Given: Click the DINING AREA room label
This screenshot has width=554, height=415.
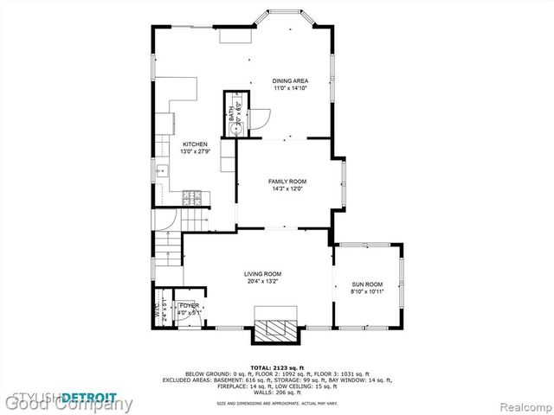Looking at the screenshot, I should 291,80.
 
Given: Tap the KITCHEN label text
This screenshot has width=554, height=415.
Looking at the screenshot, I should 194,144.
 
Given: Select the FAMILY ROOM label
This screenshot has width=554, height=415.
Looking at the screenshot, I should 287,181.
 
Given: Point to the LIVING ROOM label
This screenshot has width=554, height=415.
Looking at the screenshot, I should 261,274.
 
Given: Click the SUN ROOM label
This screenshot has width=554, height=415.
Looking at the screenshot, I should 367,284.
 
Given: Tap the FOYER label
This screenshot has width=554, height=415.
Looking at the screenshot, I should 189,305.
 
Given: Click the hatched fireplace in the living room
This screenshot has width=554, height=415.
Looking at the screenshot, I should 276,328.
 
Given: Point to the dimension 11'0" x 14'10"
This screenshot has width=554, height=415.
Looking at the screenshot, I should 291,88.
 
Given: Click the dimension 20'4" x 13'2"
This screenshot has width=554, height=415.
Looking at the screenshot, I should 261,281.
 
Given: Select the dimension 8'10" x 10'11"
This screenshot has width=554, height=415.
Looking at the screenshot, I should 367,291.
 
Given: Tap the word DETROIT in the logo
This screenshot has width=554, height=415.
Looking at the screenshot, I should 89,397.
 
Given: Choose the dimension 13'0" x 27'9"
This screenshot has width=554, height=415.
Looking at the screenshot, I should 194,151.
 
